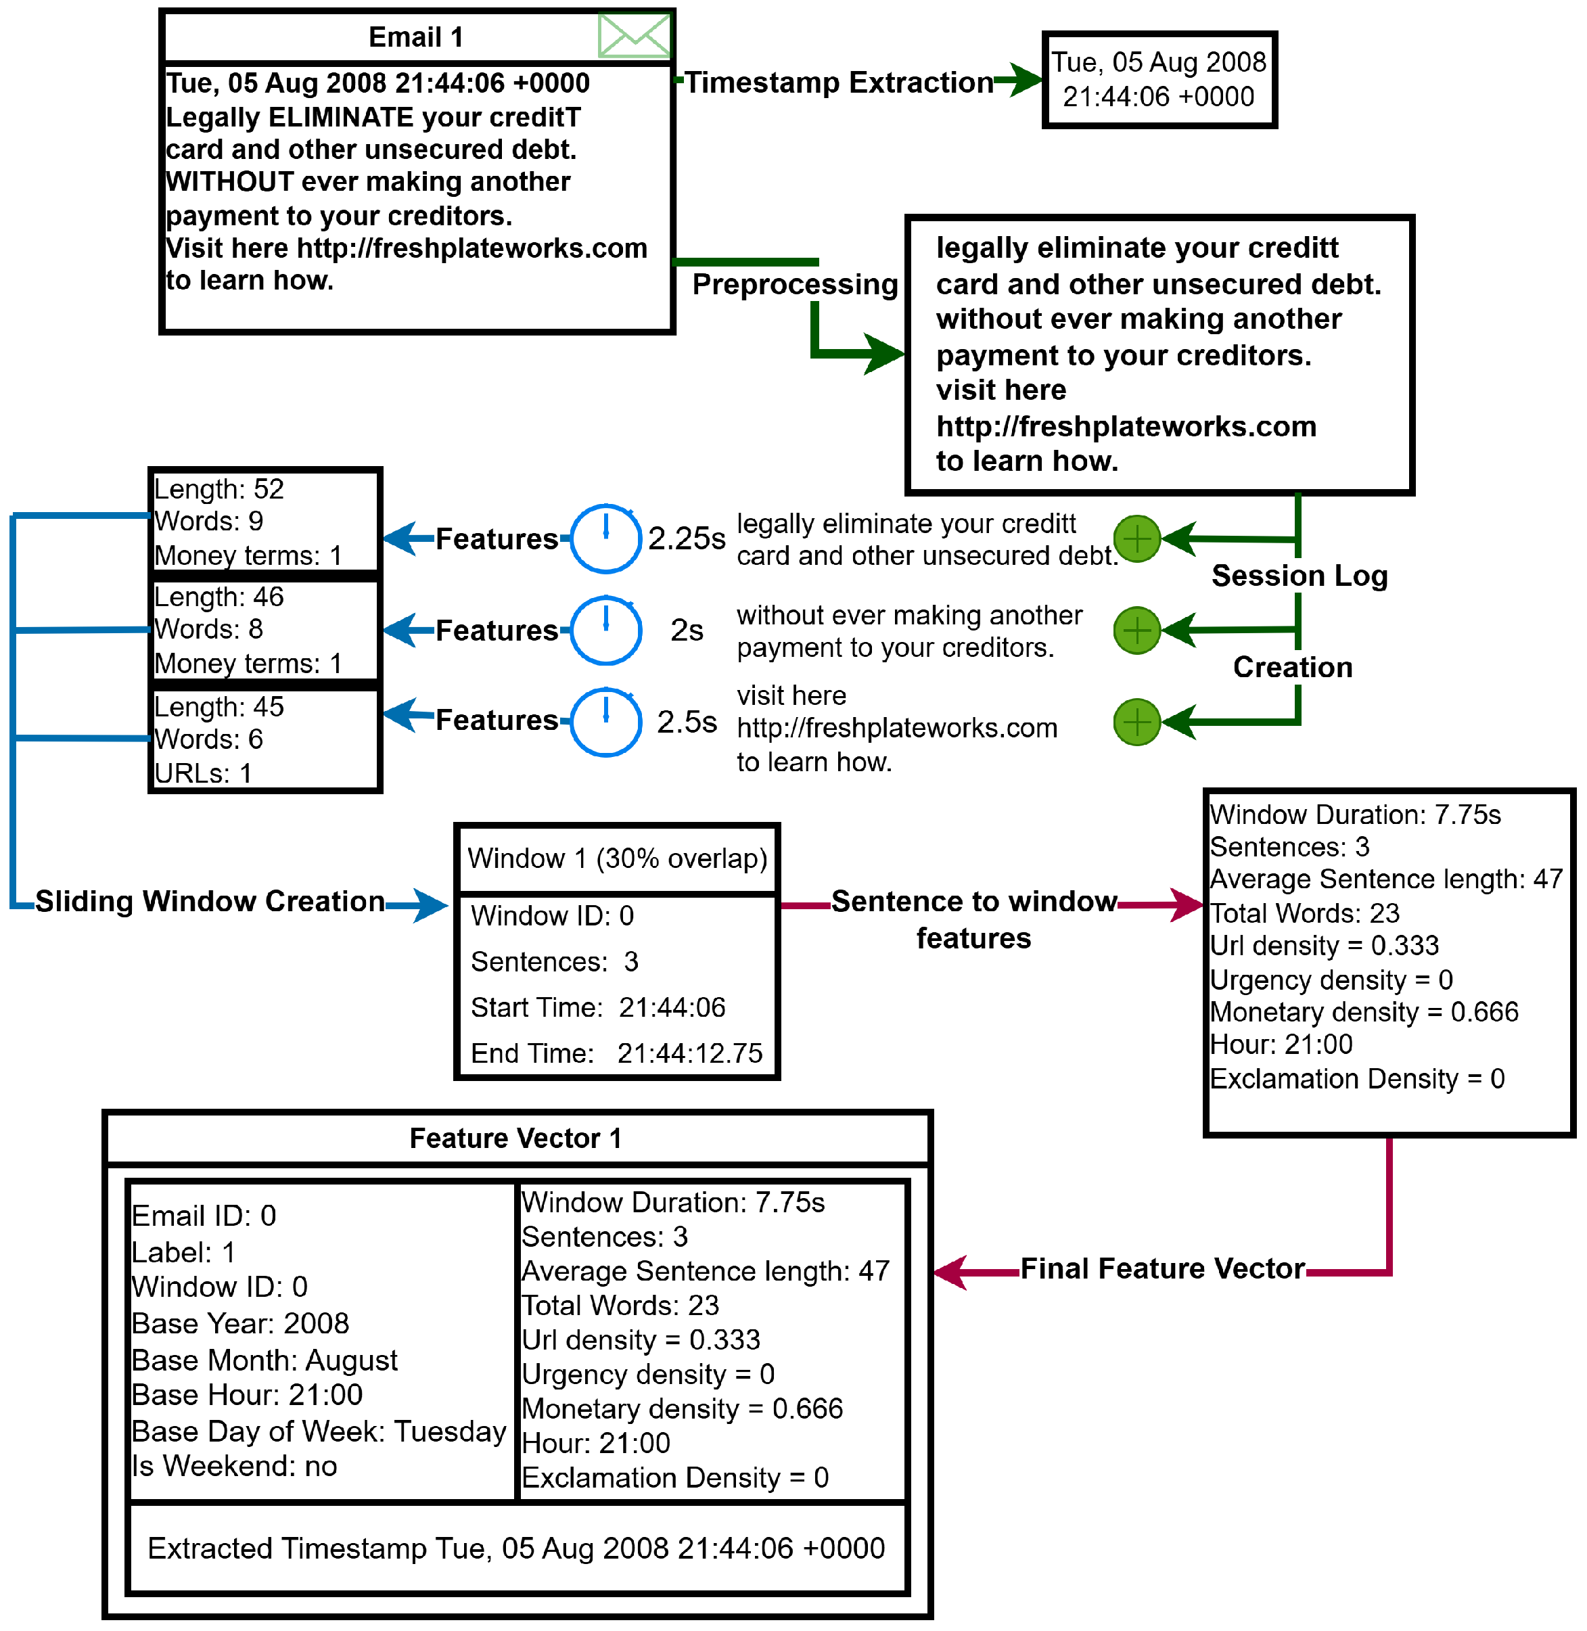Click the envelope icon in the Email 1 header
(633, 36)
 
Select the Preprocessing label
(794, 284)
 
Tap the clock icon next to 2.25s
(606, 538)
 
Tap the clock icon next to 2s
(606, 630)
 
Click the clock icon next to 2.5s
(606, 722)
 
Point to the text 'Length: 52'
(219, 489)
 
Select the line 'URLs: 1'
(204, 773)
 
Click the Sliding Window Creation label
(210, 901)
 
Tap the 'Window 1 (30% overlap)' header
(617, 858)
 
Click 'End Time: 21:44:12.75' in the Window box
(616, 1053)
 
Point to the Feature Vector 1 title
(515, 1139)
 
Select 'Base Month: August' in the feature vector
(264, 1360)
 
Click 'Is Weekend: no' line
(234, 1466)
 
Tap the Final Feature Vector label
(1162, 1268)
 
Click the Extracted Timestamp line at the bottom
(516, 1548)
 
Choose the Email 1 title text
(415, 37)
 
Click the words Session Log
(1299, 575)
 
